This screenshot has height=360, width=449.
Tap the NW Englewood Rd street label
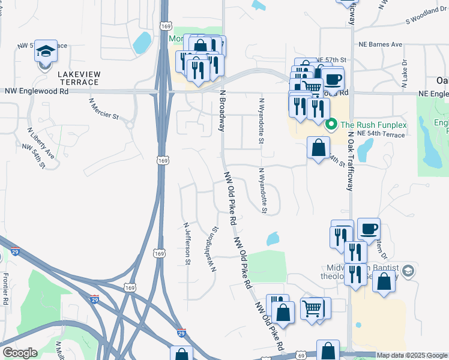[x=36, y=91]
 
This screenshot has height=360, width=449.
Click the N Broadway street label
[x=223, y=111]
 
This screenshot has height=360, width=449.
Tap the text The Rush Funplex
[x=373, y=125]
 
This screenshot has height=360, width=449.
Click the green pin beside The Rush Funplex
[x=330, y=125]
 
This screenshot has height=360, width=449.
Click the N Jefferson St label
[x=187, y=243]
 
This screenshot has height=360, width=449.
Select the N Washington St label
[x=213, y=248]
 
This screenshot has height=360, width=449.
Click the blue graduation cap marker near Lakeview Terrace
[x=46, y=52]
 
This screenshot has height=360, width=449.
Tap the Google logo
[x=20, y=353]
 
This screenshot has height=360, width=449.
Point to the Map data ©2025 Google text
[x=412, y=355]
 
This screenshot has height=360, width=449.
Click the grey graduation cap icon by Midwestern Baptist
[x=408, y=271]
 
